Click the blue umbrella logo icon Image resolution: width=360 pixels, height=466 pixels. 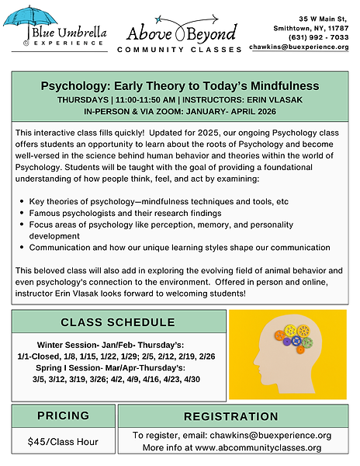click(x=38, y=19)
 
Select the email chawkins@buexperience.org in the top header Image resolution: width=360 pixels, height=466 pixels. click(x=299, y=47)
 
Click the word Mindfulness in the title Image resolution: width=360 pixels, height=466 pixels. click(x=265, y=85)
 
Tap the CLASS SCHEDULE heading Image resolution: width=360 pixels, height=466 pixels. click(x=117, y=322)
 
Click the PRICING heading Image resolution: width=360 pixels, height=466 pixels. click(x=64, y=416)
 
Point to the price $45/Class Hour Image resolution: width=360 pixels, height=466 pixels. click(x=64, y=440)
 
